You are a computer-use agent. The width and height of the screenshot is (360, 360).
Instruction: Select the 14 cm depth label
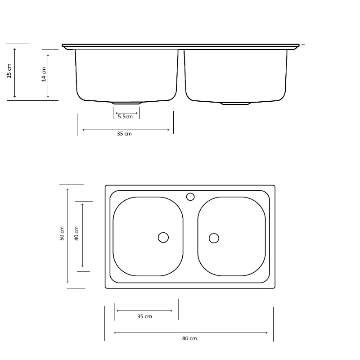point(44,74)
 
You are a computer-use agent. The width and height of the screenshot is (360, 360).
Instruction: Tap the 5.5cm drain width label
point(125,117)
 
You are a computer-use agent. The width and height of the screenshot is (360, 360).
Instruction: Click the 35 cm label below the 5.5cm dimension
point(124,134)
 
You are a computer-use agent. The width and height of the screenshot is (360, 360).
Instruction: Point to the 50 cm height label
point(62,234)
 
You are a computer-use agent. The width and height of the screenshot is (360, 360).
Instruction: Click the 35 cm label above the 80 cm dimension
point(144,316)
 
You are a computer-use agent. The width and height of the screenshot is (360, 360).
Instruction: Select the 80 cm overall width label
point(189,338)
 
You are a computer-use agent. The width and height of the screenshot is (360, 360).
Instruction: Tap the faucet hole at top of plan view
point(190,197)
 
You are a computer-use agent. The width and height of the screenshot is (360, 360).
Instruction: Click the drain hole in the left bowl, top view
point(163,237)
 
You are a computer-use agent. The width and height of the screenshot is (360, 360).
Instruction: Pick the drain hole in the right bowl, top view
point(214,238)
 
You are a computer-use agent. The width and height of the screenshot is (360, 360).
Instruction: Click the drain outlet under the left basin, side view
point(126,103)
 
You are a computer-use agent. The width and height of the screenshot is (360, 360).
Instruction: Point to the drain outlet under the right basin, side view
point(235,104)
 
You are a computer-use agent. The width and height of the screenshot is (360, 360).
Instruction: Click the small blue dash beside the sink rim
point(303,45)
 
